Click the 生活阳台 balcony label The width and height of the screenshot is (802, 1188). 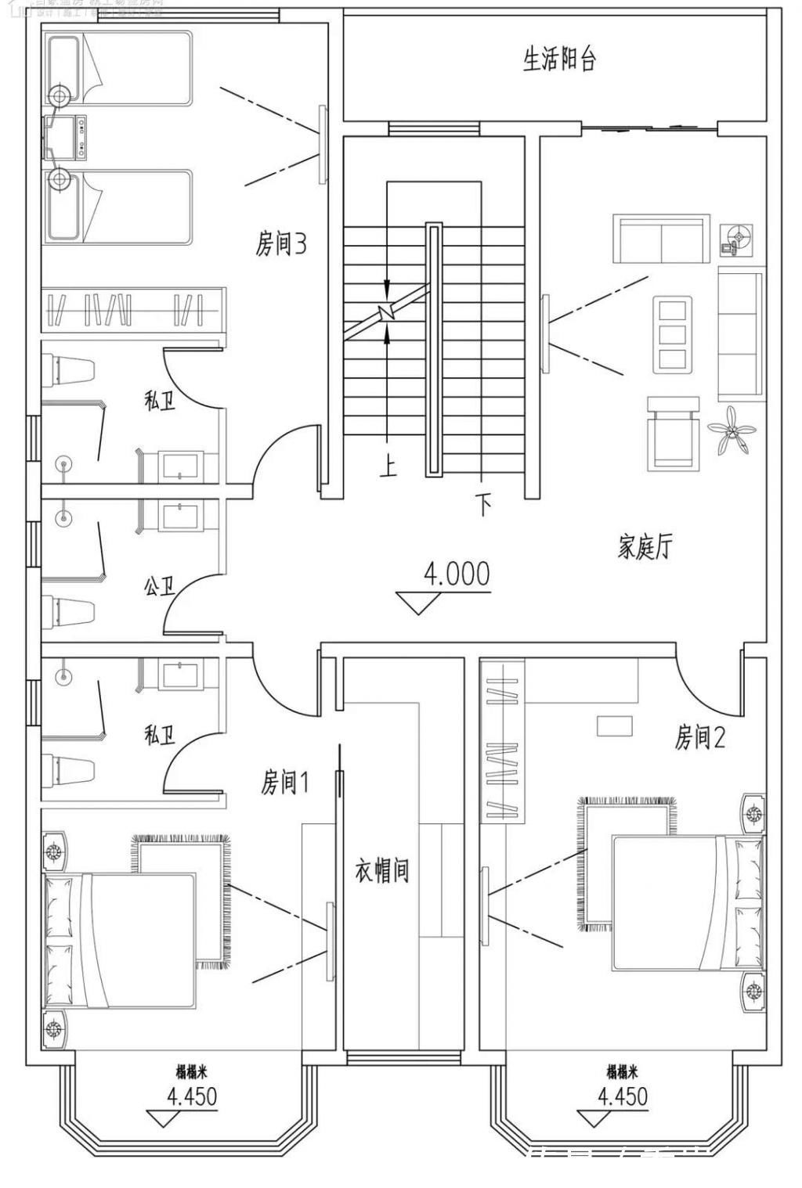click(x=559, y=59)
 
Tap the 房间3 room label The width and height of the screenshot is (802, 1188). click(x=280, y=244)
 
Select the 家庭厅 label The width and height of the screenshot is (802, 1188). click(x=644, y=547)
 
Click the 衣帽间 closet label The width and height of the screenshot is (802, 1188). click(x=382, y=870)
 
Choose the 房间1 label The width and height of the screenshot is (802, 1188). click(x=285, y=781)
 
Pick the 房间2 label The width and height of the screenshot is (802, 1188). click(x=700, y=736)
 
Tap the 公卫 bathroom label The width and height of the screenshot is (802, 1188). click(x=159, y=585)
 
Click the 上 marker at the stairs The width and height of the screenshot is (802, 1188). click(x=388, y=466)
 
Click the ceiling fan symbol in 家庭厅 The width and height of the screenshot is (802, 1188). click(x=732, y=430)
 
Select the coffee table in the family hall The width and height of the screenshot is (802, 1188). click(x=673, y=333)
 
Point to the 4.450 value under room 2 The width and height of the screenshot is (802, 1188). click(x=623, y=1096)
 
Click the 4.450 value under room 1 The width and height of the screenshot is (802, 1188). click(x=191, y=1096)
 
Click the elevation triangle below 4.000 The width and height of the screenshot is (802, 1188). click(x=417, y=602)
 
